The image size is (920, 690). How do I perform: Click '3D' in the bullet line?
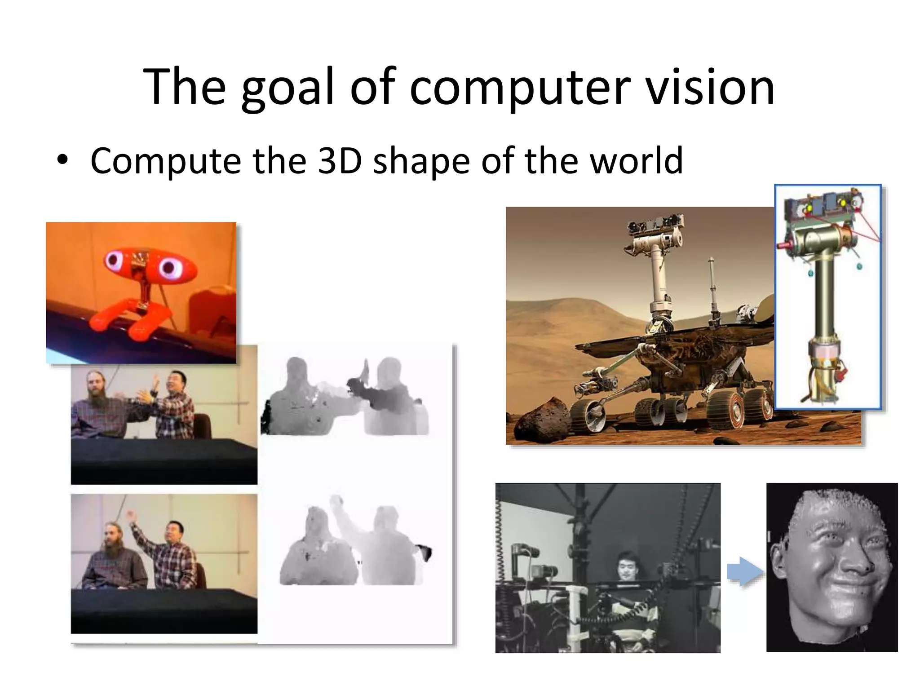click(x=340, y=160)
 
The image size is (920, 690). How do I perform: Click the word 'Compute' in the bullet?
click(x=165, y=160)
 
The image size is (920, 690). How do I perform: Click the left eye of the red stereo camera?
click(x=113, y=260)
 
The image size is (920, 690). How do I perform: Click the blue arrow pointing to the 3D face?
click(x=745, y=572)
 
